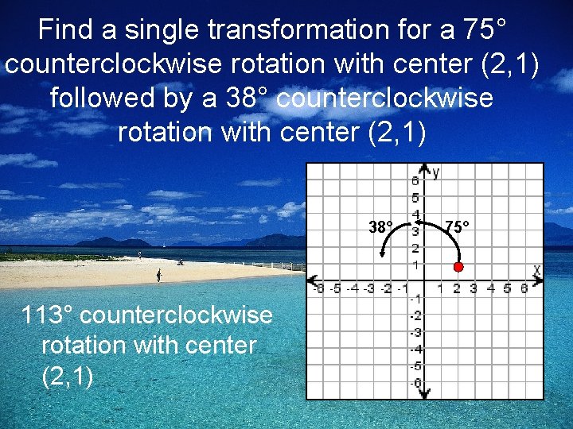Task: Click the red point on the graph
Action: click(x=458, y=267)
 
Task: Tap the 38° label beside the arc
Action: click(x=380, y=228)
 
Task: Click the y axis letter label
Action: click(x=436, y=172)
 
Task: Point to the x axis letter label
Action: click(x=536, y=271)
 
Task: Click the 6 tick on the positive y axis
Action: click(x=415, y=181)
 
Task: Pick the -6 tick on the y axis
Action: click(x=414, y=384)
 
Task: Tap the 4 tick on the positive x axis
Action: click(x=491, y=288)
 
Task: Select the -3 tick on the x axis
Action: click(x=369, y=288)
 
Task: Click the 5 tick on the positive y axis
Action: click(x=415, y=198)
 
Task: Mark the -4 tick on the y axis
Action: click(x=414, y=350)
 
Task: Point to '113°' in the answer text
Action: click(x=49, y=315)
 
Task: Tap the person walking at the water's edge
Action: click(x=158, y=275)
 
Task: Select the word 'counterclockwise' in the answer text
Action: click(x=177, y=315)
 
